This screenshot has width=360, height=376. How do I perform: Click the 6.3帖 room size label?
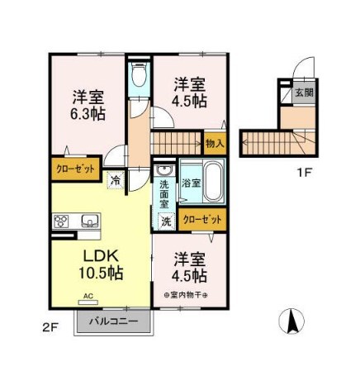pos(87,114)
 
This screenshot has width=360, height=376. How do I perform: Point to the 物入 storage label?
pos(215,144)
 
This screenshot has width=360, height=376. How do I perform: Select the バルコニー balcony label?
pos(112,321)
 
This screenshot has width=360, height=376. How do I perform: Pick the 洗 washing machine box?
pos(165,221)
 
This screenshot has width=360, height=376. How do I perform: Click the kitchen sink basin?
pos(88,221)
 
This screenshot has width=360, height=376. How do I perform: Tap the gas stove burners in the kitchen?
pos(62,221)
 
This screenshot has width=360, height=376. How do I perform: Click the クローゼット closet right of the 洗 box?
pos(202,221)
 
